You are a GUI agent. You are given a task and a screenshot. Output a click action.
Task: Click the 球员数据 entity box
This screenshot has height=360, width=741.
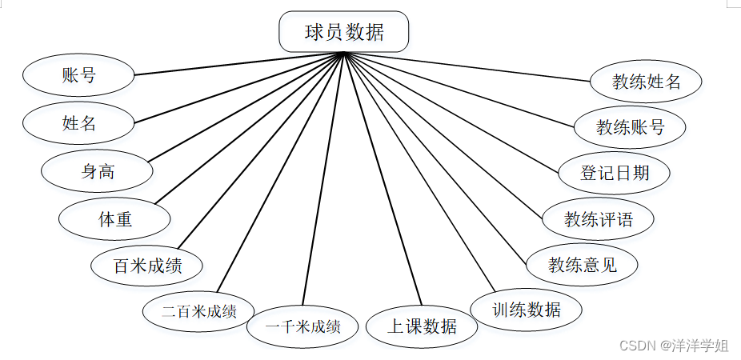pos(343,33)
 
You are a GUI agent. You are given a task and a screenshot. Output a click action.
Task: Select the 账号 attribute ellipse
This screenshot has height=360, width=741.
pos(78,76)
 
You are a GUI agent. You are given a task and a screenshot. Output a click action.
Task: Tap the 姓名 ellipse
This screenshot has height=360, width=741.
pos(78,123)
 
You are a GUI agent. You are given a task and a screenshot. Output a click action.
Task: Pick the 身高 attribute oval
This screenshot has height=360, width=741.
pos(98,170)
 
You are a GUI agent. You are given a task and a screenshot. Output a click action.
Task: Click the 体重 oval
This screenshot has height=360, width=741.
pos(115,218)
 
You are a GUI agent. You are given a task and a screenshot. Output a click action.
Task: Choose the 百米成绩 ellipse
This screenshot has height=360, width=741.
pos(147,265)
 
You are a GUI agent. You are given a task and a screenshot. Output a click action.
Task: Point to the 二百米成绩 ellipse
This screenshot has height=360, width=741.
pos(198,311)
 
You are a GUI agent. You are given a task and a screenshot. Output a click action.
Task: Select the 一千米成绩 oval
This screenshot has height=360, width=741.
pos(302,326)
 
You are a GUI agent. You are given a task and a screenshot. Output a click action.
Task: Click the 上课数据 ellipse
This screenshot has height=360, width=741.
pos(422,326)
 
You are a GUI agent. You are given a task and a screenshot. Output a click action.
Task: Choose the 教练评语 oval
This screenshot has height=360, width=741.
pos(598,218)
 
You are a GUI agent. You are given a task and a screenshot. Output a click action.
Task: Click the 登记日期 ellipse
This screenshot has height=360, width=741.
pos(614,172)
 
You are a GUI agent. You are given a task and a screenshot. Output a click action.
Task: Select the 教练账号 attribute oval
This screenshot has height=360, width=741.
pos(630,126)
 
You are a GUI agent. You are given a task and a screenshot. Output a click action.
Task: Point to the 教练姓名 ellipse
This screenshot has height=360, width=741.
pos(646,81)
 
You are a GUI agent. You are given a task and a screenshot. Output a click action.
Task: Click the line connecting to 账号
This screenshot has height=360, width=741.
pos(240,64)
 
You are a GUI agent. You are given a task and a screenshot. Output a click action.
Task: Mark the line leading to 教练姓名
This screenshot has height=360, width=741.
pos(472,67)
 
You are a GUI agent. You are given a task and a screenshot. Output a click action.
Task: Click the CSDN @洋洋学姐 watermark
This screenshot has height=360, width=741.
pos(674,346)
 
